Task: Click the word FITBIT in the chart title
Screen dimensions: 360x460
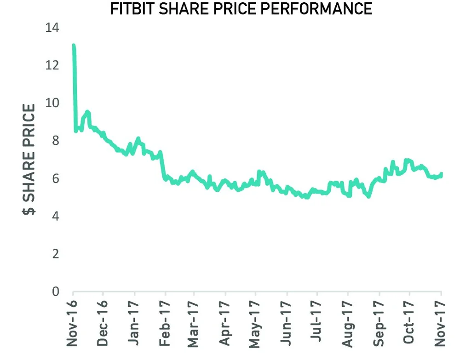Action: coord(134,8)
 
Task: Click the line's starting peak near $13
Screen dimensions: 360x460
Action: coord(74,46)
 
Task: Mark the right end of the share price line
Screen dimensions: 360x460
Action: coord(441,174)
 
